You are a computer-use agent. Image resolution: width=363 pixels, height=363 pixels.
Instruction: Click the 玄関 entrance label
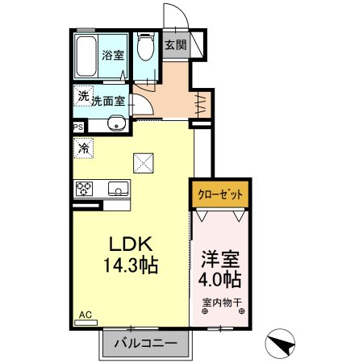[175, 45]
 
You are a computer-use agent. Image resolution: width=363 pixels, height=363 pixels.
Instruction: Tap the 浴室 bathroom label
[112, 56]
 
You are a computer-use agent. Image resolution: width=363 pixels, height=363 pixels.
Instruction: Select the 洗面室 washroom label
[107, 102]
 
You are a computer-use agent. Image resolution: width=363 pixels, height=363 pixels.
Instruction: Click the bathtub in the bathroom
[87, 56]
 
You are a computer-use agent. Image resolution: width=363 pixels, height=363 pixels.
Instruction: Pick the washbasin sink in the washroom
[117, 124]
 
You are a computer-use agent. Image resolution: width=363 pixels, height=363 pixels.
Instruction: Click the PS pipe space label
[78, 127]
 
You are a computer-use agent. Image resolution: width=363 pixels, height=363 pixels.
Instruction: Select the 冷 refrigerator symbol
[83, 148]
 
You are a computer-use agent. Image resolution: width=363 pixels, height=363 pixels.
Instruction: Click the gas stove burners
[85, 190]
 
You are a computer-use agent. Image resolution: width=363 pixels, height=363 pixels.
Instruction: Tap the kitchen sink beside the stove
[118, 190]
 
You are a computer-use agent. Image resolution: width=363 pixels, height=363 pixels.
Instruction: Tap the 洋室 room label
[220, 261]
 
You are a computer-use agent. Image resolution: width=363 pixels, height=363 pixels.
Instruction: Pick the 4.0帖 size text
[220, 280]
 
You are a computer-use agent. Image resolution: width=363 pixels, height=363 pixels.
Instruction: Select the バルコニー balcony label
[145, 344]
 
